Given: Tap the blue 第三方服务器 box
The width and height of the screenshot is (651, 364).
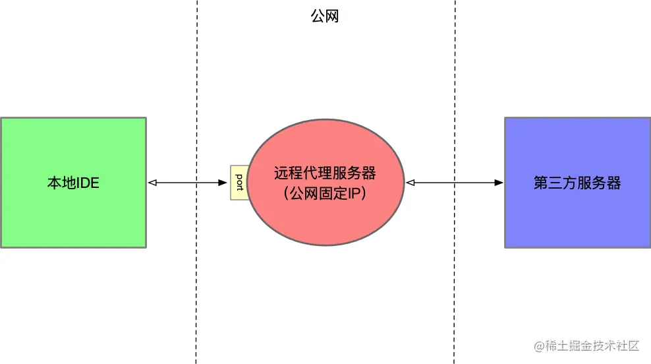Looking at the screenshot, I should coord(577,218).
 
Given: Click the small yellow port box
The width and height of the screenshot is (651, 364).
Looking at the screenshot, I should coord(239,183).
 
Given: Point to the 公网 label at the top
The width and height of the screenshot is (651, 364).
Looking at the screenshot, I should coord(325,16).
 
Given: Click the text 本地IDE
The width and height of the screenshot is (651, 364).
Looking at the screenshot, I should coord(73,183).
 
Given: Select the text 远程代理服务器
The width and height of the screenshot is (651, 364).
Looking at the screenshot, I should coord(325,173).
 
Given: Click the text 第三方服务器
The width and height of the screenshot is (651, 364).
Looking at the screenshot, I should coord(577,183).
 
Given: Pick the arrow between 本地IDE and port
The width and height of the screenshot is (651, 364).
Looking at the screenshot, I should coord(188,183).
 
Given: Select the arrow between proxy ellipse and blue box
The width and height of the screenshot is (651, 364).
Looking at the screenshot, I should coord(455,183).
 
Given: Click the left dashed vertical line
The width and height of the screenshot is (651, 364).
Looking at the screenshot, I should coord(196,297).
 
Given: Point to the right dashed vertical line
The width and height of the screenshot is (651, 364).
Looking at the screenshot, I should coord(455,297).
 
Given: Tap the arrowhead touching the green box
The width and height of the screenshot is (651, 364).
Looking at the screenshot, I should coord(152,183).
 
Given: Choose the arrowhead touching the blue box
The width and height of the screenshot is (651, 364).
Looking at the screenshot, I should coord(500,183).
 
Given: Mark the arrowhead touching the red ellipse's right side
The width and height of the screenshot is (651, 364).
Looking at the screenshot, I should coord(410,183).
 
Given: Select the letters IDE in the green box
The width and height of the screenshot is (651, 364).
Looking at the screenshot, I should coord(88,183).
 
